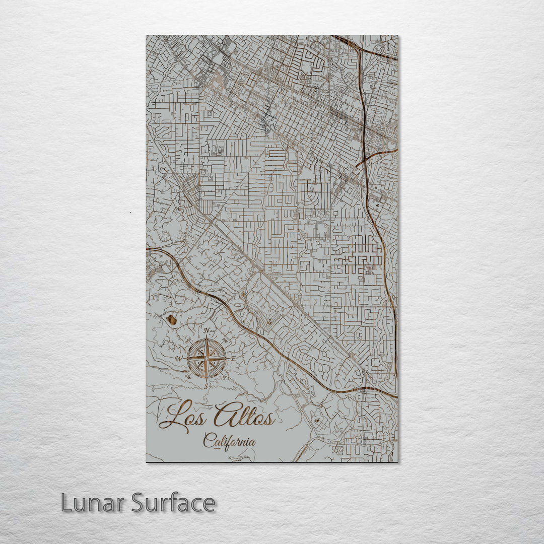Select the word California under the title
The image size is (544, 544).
[229, 442]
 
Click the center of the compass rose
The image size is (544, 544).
[207, 358]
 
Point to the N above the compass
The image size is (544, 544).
[207, 331]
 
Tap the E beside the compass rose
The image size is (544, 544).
[233, 359]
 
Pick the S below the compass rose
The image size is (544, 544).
[206, 386]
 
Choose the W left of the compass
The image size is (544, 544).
[179, 359]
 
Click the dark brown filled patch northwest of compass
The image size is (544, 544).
[171, 319]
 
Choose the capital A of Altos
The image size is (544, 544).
[223, 414]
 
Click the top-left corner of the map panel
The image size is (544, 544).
[147, 36]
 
